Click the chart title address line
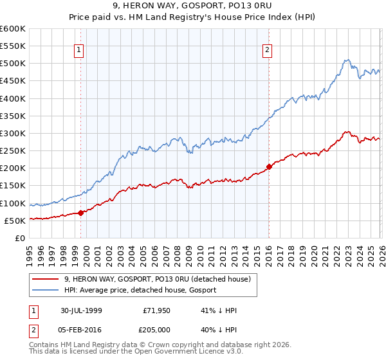coord(192,7)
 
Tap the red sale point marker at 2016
coord(269,166)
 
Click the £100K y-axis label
coord(14,203)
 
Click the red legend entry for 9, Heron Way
coord(161,279)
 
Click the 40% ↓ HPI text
coord(219,328)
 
